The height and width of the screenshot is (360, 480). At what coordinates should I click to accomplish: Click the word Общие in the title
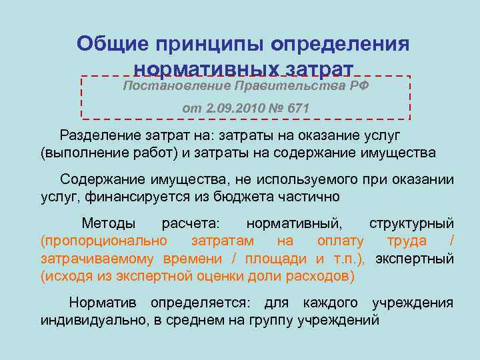113,44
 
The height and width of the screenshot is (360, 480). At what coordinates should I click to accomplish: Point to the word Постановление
175,87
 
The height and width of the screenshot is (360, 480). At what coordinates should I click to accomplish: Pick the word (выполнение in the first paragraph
77,152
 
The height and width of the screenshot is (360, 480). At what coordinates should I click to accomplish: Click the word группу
263,320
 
